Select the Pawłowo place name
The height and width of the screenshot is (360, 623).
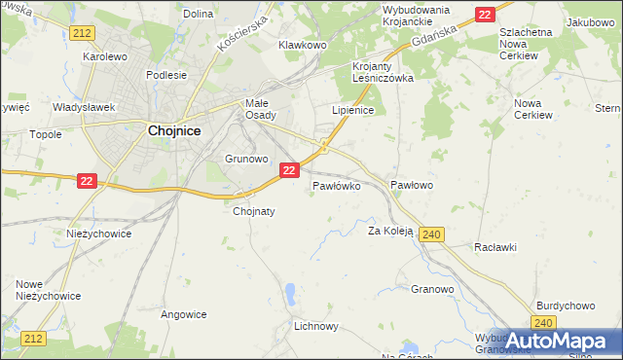click(x=411, y=184)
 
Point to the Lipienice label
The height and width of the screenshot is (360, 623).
click(x=352, y=111)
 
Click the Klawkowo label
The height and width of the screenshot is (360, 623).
click(x=302, y=45)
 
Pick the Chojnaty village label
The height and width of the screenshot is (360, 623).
click(x=254, y=210)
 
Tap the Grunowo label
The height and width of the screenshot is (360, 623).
click(x=246, y=158)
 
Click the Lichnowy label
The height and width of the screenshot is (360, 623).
click(x=315, y=327)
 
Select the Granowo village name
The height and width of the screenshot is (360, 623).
click(x=432, y=289)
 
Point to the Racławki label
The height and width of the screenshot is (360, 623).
click(x=495, y=247)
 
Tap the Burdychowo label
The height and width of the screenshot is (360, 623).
click(x=565, y=305)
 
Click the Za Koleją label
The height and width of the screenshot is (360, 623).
click(x=390, y=232)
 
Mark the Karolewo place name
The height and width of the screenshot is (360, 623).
click(x=105, y=56)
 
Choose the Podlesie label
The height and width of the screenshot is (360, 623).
click(x=165, y=75)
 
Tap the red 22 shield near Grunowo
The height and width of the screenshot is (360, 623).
click(x=288, y=170)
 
